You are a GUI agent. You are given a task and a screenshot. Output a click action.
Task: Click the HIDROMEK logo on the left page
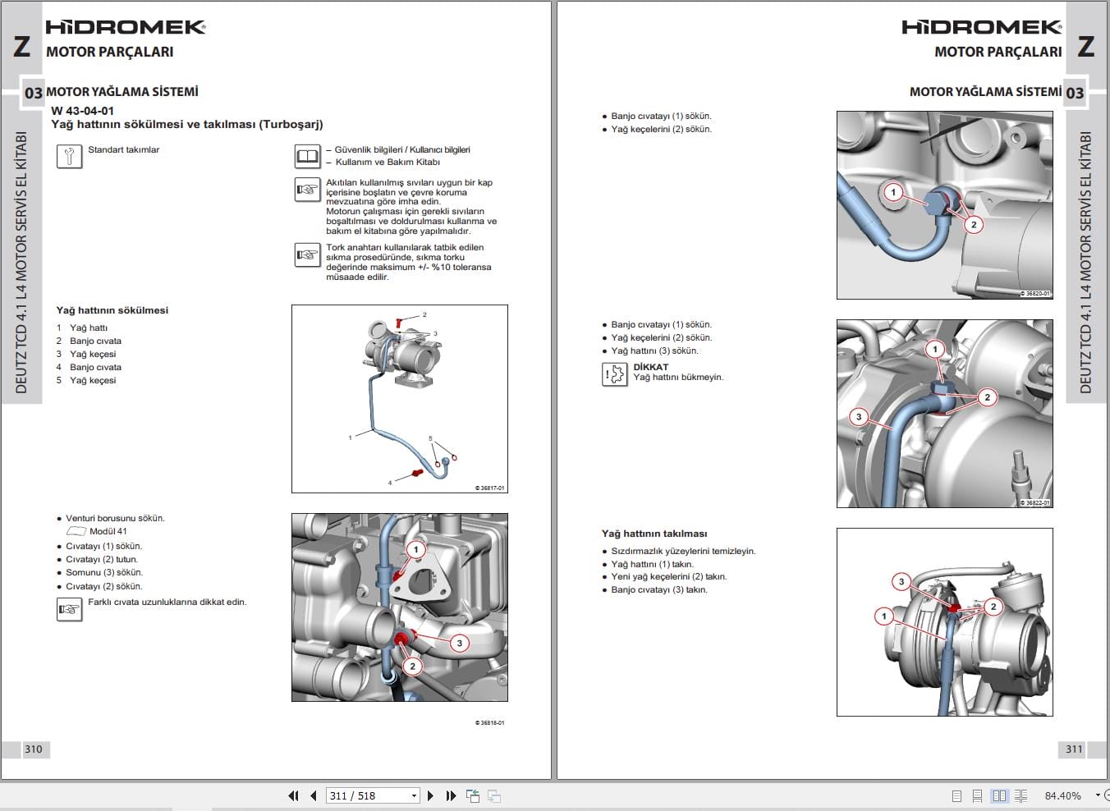point(125,27)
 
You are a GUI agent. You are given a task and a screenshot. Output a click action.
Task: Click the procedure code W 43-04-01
point(82,111)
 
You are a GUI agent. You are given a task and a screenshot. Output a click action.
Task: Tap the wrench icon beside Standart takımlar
point(70,156)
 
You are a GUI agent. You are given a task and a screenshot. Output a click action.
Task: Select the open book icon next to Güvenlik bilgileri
point(307,156)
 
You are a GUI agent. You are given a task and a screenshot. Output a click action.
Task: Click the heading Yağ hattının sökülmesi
point(112,310)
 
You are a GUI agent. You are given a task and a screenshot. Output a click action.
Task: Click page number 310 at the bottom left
point(33,749)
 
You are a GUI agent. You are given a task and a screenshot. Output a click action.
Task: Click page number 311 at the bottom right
point(1074,749)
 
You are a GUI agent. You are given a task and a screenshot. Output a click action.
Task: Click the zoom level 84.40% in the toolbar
point(1062,795)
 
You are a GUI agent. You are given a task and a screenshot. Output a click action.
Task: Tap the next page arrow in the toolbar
point(430,795)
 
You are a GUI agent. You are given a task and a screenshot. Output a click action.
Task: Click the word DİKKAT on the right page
point(650,367)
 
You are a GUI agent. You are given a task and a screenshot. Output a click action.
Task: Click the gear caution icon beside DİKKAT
point(615,374)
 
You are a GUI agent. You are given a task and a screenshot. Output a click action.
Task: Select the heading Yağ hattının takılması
point(654,534)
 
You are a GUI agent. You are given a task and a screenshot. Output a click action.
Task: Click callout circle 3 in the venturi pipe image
point(459,644)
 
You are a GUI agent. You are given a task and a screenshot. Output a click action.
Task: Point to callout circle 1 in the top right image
point(893,192)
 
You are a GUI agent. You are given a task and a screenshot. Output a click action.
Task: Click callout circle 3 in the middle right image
point(859,416)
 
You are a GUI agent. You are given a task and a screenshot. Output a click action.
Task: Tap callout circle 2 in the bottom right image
point(993,607)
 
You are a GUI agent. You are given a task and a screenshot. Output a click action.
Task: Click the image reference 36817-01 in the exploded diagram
point(490,488)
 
